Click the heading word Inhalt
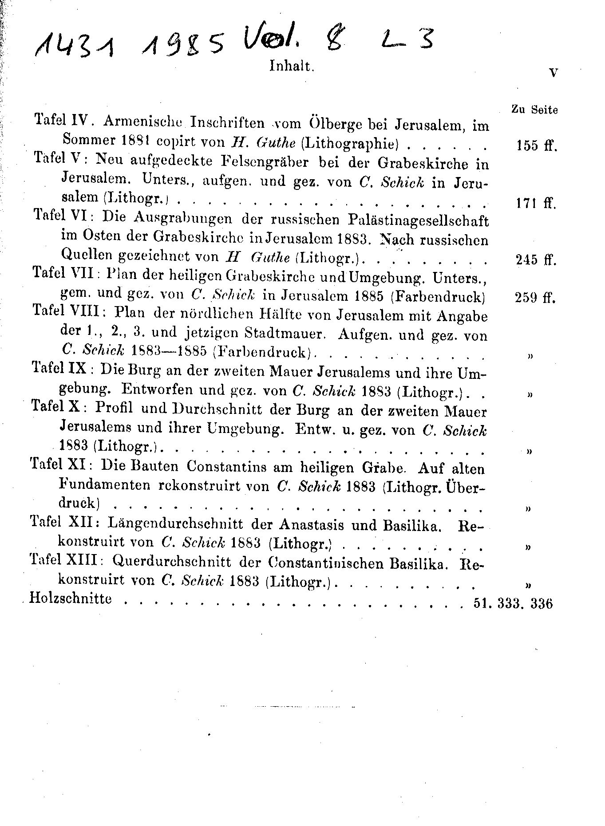(292, 66)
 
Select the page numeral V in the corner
(553, 74)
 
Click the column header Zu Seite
(535, 110)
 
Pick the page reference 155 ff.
(536, 146)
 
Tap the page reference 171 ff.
(536, 203)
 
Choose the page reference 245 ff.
(536, 260)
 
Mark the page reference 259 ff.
(535, 297)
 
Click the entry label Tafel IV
(63, 120)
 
